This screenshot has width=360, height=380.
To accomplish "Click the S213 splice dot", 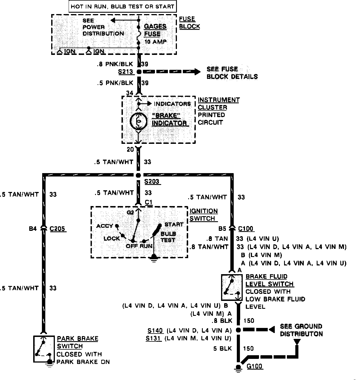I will click(139, 72).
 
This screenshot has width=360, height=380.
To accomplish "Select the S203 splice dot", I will click(138, 175).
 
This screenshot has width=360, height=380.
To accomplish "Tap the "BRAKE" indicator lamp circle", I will click(138, 121).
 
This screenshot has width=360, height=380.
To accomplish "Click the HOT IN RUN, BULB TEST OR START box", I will click(123, 6).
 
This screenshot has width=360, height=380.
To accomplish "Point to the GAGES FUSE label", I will click(155, 30).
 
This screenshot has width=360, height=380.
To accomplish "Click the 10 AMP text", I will click(155, 42).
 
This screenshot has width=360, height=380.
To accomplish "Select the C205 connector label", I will click(58, 229).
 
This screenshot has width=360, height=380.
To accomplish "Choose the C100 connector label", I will click(246, 229).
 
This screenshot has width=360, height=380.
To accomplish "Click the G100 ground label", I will click(255, 366).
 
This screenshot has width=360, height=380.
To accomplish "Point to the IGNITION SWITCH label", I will click(203, 215).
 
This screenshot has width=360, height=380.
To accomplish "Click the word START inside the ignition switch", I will click(174, 224).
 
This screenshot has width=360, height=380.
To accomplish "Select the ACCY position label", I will click(104, 226).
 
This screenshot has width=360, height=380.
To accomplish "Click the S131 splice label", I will click(154, 338).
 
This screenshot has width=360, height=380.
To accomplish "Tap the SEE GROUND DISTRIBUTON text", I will click(301, 330).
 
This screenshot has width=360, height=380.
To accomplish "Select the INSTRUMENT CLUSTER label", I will click(219, 104).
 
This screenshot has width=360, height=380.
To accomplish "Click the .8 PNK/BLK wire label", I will click(115, 64).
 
